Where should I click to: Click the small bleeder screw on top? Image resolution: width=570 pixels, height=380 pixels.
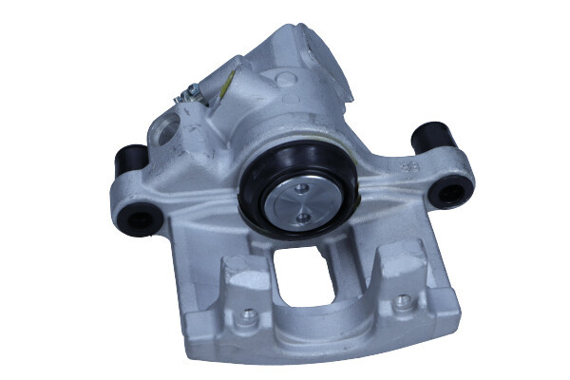coord(193,91)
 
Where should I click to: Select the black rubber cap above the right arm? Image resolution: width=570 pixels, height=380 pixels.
coord(430,137)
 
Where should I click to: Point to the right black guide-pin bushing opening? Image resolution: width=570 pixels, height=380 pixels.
coord(444,194)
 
